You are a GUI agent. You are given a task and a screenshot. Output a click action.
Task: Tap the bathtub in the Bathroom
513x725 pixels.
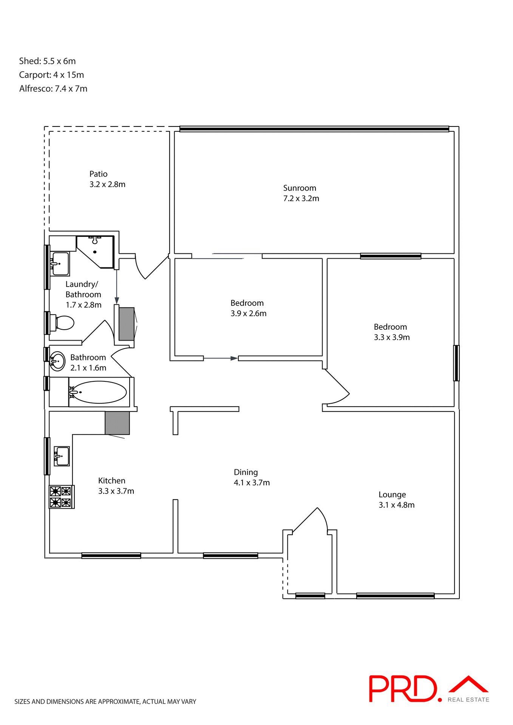[99, 392]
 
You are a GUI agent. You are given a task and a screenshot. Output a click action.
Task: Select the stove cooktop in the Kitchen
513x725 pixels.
[61, 497]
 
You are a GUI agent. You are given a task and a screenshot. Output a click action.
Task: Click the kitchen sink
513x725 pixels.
[62, 456]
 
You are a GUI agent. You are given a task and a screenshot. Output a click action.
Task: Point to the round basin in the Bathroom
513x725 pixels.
[58, 361]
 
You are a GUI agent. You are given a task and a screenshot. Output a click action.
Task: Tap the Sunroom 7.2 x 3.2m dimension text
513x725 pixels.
[301, 199]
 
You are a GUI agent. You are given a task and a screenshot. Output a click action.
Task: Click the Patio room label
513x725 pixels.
[98, 174]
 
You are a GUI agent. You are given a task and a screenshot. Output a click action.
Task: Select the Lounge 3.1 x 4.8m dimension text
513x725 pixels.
[396, 505]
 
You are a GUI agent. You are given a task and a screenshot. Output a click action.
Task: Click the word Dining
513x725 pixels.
[246, 472]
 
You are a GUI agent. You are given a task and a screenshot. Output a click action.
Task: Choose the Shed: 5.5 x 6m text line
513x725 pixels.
[47, 61]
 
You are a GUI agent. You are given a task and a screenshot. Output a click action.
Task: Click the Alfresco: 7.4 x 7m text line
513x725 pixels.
[53, 89]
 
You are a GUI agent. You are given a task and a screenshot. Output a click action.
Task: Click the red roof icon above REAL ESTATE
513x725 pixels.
[468, 684]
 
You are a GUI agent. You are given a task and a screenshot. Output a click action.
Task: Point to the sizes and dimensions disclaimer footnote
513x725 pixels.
[105, 702]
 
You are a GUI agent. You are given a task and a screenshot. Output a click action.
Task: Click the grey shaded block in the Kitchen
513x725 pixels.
[117, 423]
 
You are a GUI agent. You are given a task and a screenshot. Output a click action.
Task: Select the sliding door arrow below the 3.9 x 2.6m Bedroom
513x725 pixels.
[221, 358]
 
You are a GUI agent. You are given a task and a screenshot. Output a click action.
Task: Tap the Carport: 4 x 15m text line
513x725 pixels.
[51, 75]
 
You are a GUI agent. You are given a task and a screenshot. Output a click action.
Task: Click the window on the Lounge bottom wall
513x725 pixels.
[395, 596]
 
